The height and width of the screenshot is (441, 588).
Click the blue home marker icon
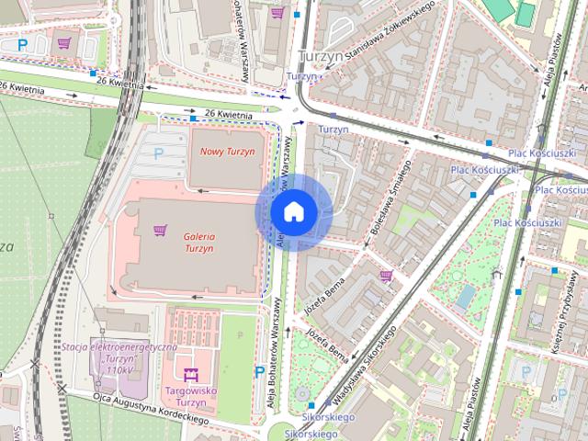coord(293,212)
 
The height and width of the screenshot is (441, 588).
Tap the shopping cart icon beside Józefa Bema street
coord(386,275)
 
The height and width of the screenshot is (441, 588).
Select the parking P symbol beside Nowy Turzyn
coord(158,153)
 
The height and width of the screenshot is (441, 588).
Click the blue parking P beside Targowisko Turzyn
coord(260,371)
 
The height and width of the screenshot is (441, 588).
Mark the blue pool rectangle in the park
coord(467,295)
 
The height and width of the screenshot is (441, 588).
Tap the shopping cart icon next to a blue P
coord(63,42)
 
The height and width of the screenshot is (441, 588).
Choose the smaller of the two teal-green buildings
coord(525,13)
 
